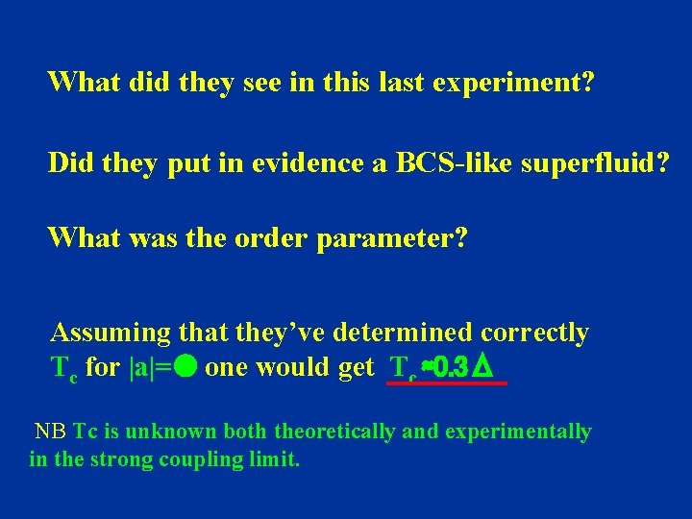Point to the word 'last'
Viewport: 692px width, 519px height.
397,83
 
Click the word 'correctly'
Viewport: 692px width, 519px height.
534,334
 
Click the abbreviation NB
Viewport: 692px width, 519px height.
51,432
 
